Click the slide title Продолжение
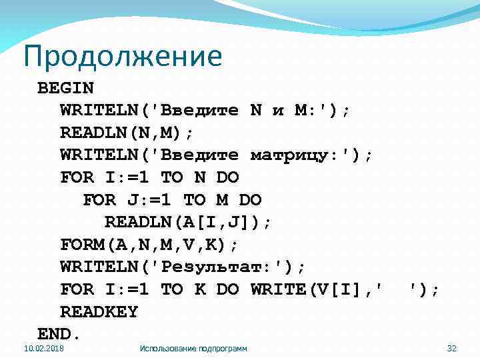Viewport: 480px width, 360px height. coord(122,56)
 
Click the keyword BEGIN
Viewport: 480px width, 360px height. coord(65,88)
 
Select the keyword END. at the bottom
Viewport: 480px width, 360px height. coord(59,333)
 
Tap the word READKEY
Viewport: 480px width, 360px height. coord(99,311)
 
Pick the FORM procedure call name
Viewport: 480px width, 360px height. coord(82,245)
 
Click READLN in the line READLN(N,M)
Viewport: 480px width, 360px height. coord(87,133)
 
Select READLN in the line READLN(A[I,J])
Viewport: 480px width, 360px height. coord(132,222)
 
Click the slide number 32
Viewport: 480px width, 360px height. coord(452,348)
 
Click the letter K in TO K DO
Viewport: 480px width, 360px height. coord(199,289)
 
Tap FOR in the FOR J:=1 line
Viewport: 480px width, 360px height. coord(99,200)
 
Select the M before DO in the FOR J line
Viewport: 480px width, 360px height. coord(222,200)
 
